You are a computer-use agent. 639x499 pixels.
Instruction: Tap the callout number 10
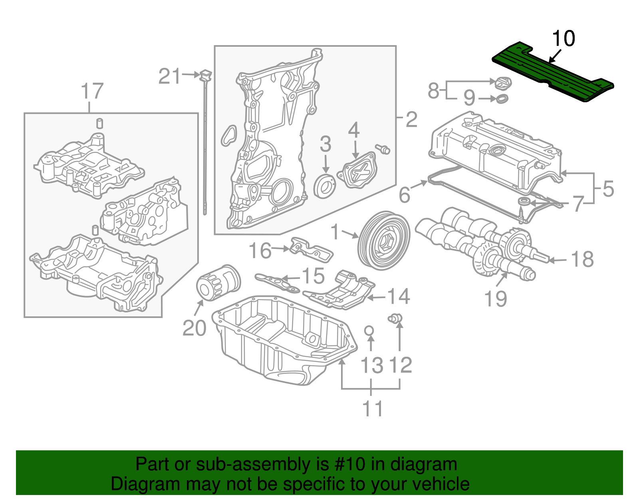tap(563, 39)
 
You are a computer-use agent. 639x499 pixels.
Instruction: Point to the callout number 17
tap(92, 91)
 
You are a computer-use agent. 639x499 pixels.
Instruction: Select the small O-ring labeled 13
tap(369, 330)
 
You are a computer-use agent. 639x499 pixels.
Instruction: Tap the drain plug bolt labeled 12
tap(395, 318)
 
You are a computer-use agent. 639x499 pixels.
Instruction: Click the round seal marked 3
tap(325, 186)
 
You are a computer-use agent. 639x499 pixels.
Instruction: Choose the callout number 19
tap(495, 299)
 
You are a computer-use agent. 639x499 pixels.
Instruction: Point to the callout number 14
tap(399, 296)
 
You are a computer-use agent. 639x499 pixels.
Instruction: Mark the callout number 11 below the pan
tap(372, 408)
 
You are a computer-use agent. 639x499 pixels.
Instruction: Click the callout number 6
tap(405, 195)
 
